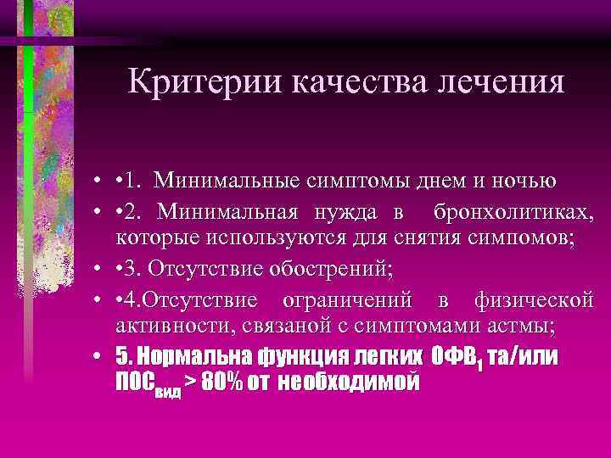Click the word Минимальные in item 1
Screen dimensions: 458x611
[245, 181]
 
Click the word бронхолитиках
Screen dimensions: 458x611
[512, 210]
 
